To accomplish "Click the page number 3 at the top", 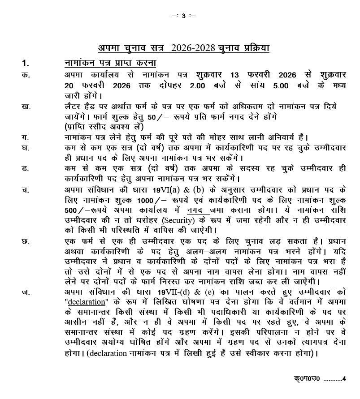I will tap(184, 16).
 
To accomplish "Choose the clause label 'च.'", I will tap(26, 189).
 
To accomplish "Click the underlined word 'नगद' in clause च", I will tap(196, 210).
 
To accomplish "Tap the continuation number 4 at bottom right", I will tap(344, 379).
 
